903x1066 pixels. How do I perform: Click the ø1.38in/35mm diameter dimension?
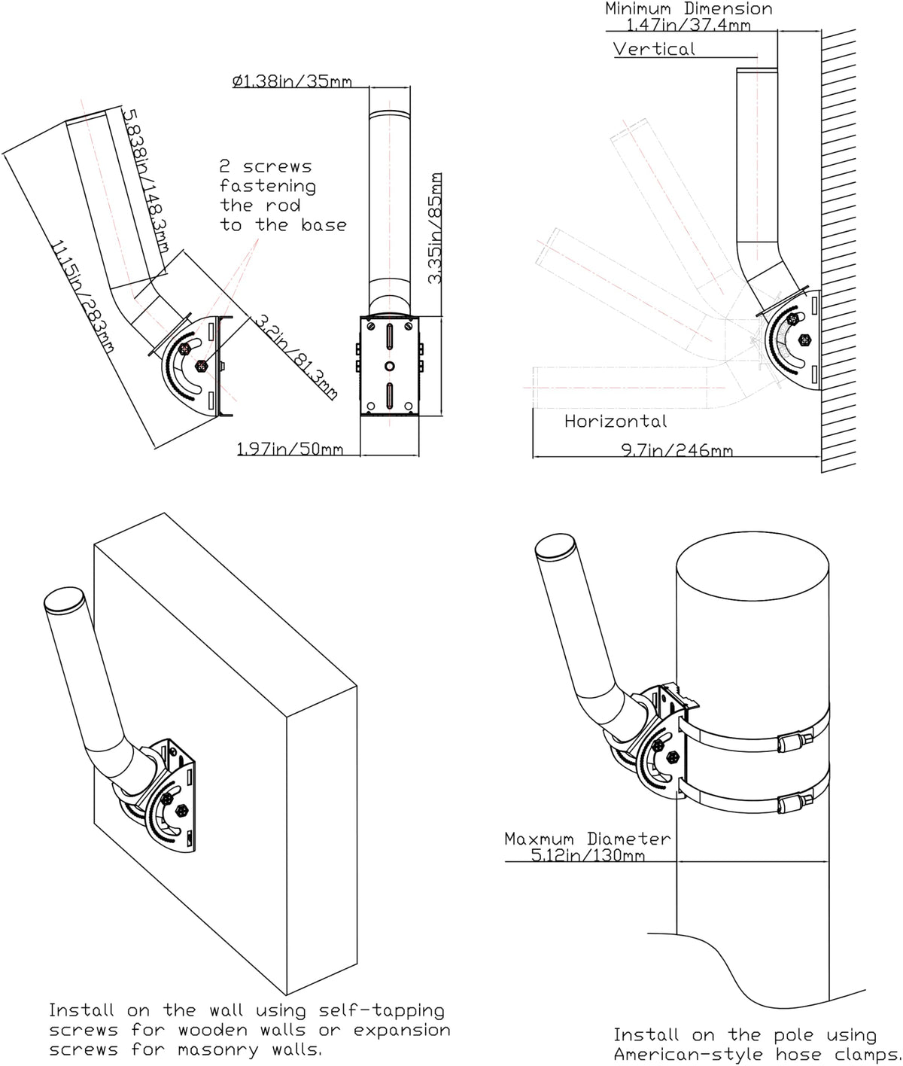[x=292, y=81]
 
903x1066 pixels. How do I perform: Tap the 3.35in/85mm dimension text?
[x=435, y=228]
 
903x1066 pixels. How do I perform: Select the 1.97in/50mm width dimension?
[x=290, y=449]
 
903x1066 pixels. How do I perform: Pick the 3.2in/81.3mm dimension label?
[x=294, y=356]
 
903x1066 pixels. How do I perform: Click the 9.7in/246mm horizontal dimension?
[x=676, y=450]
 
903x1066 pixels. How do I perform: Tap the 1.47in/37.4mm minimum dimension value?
[x=689, y=25]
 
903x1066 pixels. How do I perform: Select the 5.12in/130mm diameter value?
[x=588, y=855]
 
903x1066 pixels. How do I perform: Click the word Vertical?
[x=654, y=50]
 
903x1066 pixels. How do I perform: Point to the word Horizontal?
[x=616, y=422]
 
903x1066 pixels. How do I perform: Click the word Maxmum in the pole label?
[x=539, y=839]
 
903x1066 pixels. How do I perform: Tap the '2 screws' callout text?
[x=265, y=166]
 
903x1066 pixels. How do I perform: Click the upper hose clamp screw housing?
[x=792, y=743]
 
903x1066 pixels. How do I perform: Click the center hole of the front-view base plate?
[x=389, y=366]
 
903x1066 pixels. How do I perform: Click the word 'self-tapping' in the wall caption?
[x=382, y=1010]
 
